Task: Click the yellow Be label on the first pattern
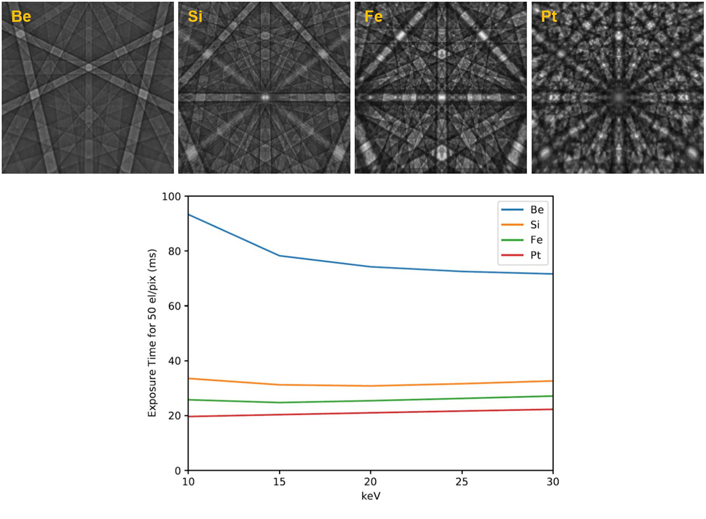click(21, 16)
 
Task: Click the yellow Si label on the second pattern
click(195, 16)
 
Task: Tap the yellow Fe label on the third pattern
click(373, 16)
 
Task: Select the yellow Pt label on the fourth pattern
click(549, 16)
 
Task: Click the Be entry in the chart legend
click(537, 210)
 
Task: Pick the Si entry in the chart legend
click(535, 225)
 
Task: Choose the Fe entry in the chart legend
click(536, 240)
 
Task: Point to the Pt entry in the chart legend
click(536, 255)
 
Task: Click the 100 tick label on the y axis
click(171, 197)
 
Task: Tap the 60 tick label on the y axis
click(175, 306)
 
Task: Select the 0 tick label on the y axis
click(178, 471)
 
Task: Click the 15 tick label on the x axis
click(280, 482)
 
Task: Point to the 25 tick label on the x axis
click(462, 482)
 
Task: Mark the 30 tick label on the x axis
click(553, 482)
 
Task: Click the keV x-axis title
click(371, 496)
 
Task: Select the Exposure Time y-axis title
click(152, 333)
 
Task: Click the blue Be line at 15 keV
click(280, 256)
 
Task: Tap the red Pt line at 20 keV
click(370, 413)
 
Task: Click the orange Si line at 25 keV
click(462, 384)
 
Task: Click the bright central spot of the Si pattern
click(265, 97)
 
